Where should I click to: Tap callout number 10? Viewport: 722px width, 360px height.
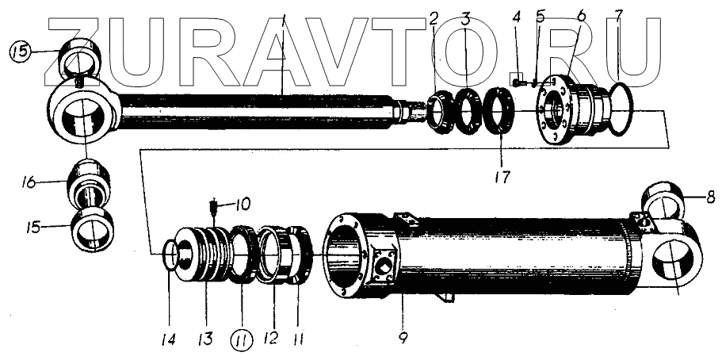(242, 205)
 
